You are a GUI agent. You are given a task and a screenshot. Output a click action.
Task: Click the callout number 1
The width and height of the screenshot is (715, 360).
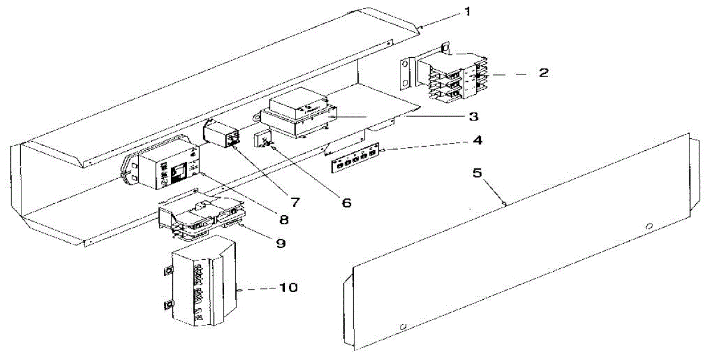[x=467, y=12]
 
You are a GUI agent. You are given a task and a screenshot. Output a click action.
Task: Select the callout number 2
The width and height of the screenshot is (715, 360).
[x=543, y=73]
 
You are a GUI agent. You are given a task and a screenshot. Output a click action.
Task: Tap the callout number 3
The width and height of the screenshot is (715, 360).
[x=473, y=116]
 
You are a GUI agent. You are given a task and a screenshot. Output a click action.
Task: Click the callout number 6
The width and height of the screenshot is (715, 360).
[x=346, y=203]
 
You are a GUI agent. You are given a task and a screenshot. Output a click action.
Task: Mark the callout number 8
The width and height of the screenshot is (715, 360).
[x=283, y=219]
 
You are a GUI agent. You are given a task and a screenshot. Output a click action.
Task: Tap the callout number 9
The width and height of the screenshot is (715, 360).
[x=279, y=243]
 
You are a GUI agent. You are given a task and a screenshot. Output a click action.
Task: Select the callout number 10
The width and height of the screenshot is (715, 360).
[x=287, y=288]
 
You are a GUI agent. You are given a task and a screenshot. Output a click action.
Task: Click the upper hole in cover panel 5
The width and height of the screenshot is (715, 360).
[x=649, y=225]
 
